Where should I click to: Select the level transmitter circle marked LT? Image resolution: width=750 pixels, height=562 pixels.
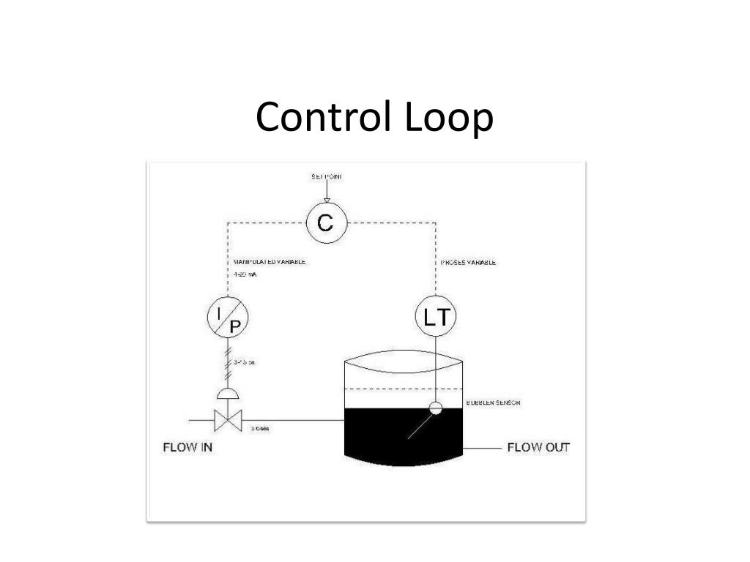(435, 317)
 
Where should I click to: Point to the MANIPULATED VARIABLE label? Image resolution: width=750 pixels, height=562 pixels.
(270, 262)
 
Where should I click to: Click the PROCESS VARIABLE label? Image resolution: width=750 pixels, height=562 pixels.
(468, 262)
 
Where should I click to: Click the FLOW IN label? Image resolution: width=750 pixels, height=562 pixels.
(187, 446)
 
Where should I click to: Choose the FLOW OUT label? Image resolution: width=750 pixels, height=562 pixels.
(538, 447)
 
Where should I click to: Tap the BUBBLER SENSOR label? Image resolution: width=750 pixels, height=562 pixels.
(493, 403)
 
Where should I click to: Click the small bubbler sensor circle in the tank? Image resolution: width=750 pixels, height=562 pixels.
(436, 408)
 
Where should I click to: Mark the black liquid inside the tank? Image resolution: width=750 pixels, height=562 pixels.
(381, 435)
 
